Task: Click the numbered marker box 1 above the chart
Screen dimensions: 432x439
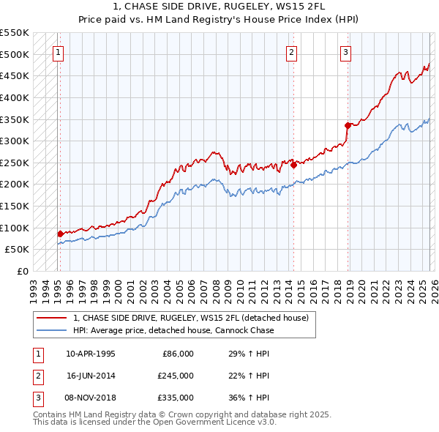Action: pyautogui.click(x=58, y=52)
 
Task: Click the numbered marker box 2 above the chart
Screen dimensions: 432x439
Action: pyautogui.click(x=291, y=52)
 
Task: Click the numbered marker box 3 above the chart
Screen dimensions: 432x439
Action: pyautogui.click(x=345, y=52)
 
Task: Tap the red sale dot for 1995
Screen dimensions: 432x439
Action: pyautogui.click(x=60, y=234)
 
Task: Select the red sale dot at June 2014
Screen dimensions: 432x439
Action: pyautogui.click(x=293, y=165)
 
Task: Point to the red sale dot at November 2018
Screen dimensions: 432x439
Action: pyautogui.click(x=348, y=125)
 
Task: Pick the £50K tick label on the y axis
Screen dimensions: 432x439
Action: pyautogui.click(x=17, y=250)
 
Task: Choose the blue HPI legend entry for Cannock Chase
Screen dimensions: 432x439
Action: pyautogui.click(x=173, y=330)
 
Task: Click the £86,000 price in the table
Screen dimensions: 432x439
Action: pyautogui.click(x=177, y=354)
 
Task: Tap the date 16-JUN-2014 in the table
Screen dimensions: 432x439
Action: pyautogui.click(x=91, y=376)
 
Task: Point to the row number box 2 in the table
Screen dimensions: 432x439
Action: pyautogui.click(x=37, y=376)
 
